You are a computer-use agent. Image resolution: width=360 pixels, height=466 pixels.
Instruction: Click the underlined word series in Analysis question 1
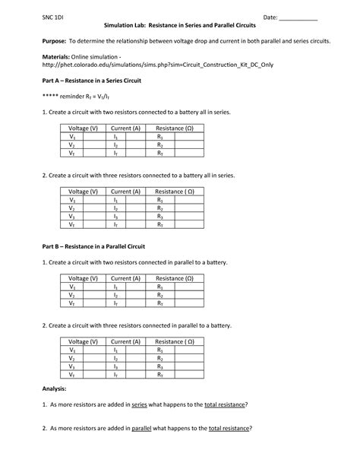coord(139,404)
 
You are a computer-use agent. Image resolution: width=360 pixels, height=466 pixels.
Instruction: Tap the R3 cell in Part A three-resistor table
coord(161,217)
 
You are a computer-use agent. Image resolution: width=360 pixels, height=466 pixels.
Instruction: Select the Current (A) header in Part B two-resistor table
coord(126,279)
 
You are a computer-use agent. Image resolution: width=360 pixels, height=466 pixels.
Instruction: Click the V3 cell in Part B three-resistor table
coord(72,366)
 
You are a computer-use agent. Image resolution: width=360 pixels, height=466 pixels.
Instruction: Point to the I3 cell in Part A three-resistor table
coord(116,217)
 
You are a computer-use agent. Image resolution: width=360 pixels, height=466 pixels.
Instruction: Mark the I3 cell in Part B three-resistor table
coord(116,366)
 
